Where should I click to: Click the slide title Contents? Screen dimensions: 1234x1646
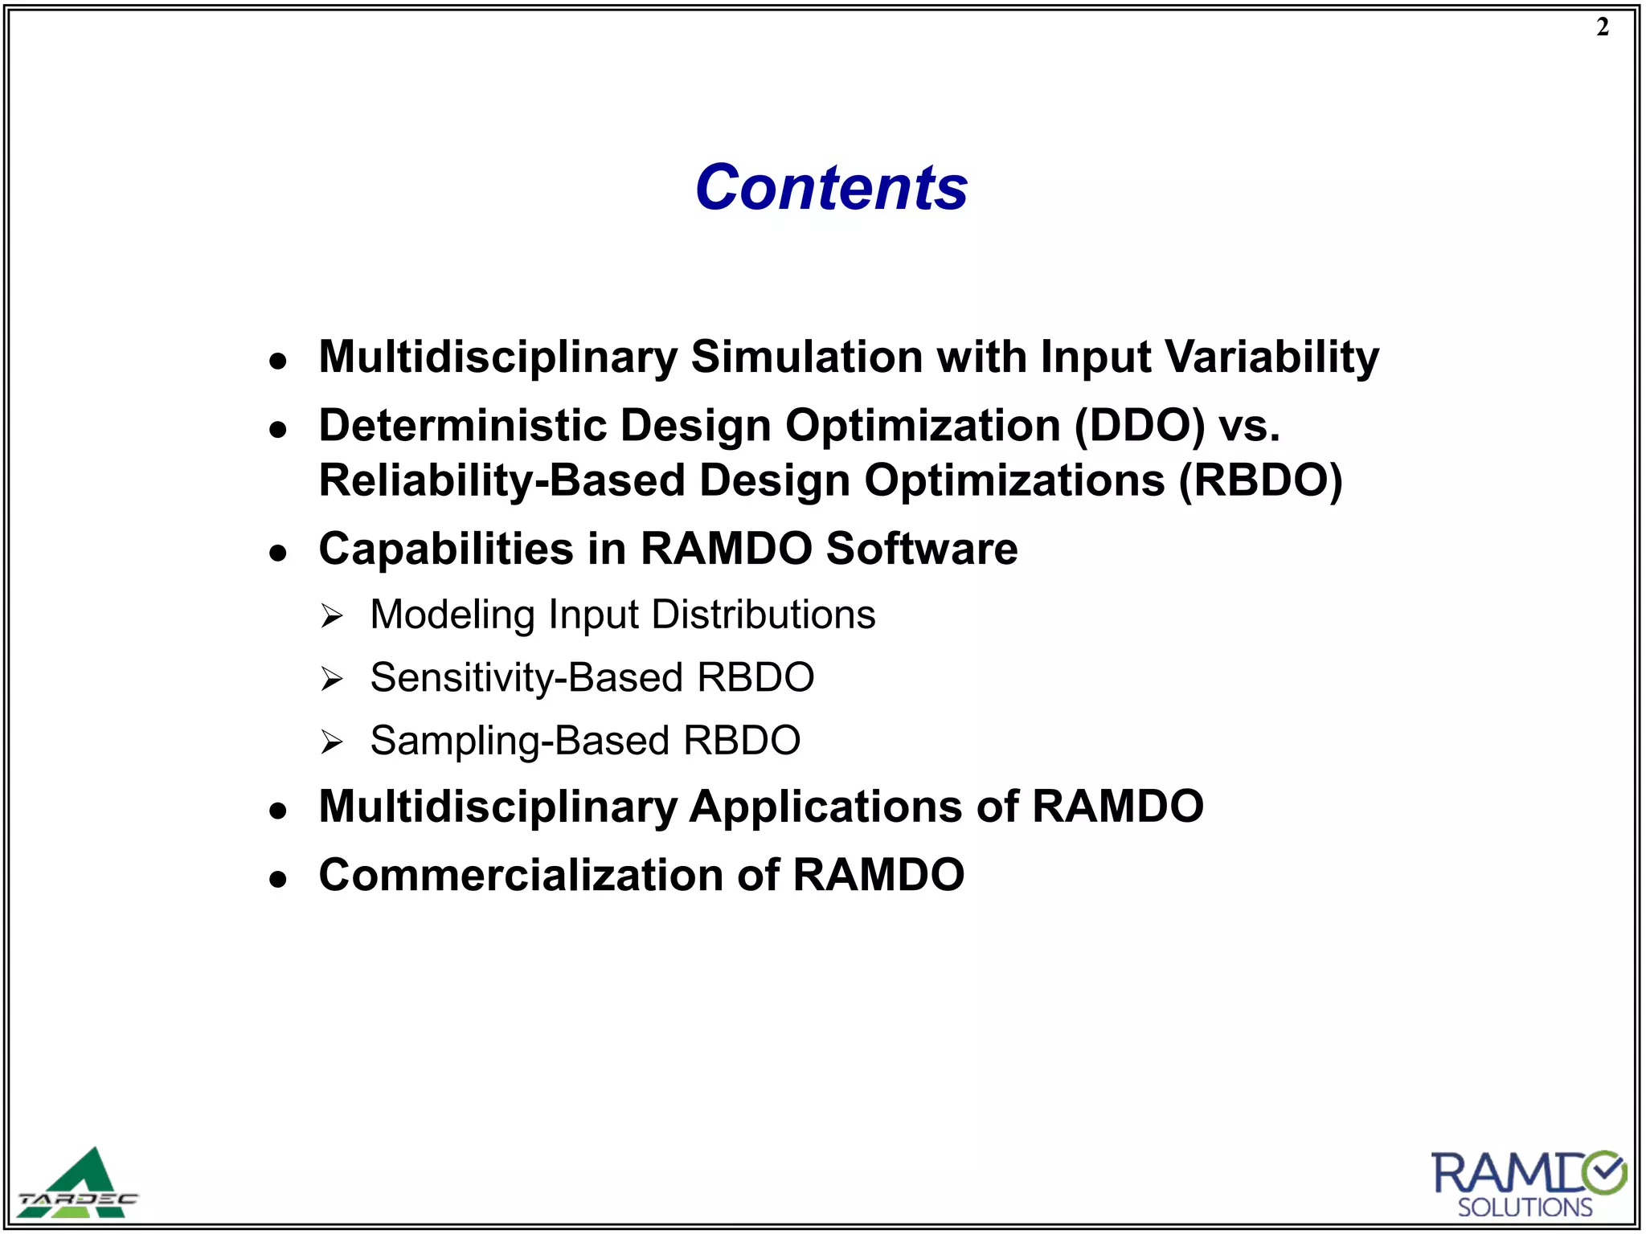831,187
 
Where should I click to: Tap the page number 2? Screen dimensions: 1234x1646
1603,27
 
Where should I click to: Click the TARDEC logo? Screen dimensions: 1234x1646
79,1183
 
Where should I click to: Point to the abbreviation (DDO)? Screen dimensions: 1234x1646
1140,425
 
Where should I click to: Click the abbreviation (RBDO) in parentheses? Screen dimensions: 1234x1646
1260,480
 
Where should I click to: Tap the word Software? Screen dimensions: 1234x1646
921,549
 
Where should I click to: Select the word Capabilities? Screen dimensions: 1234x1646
446,549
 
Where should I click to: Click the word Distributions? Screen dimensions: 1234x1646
764,615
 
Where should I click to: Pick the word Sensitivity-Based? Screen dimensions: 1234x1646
526,677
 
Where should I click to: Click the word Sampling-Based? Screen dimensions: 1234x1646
519,740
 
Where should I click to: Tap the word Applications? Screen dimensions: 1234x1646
825,806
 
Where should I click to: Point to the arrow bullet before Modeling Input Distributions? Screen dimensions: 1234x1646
331,617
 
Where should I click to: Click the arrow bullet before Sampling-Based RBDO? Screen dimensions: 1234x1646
331,742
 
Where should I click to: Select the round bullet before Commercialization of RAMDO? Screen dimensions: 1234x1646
278,879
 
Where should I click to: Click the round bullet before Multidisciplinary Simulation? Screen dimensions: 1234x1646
278,361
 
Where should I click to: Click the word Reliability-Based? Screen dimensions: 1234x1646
502,480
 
